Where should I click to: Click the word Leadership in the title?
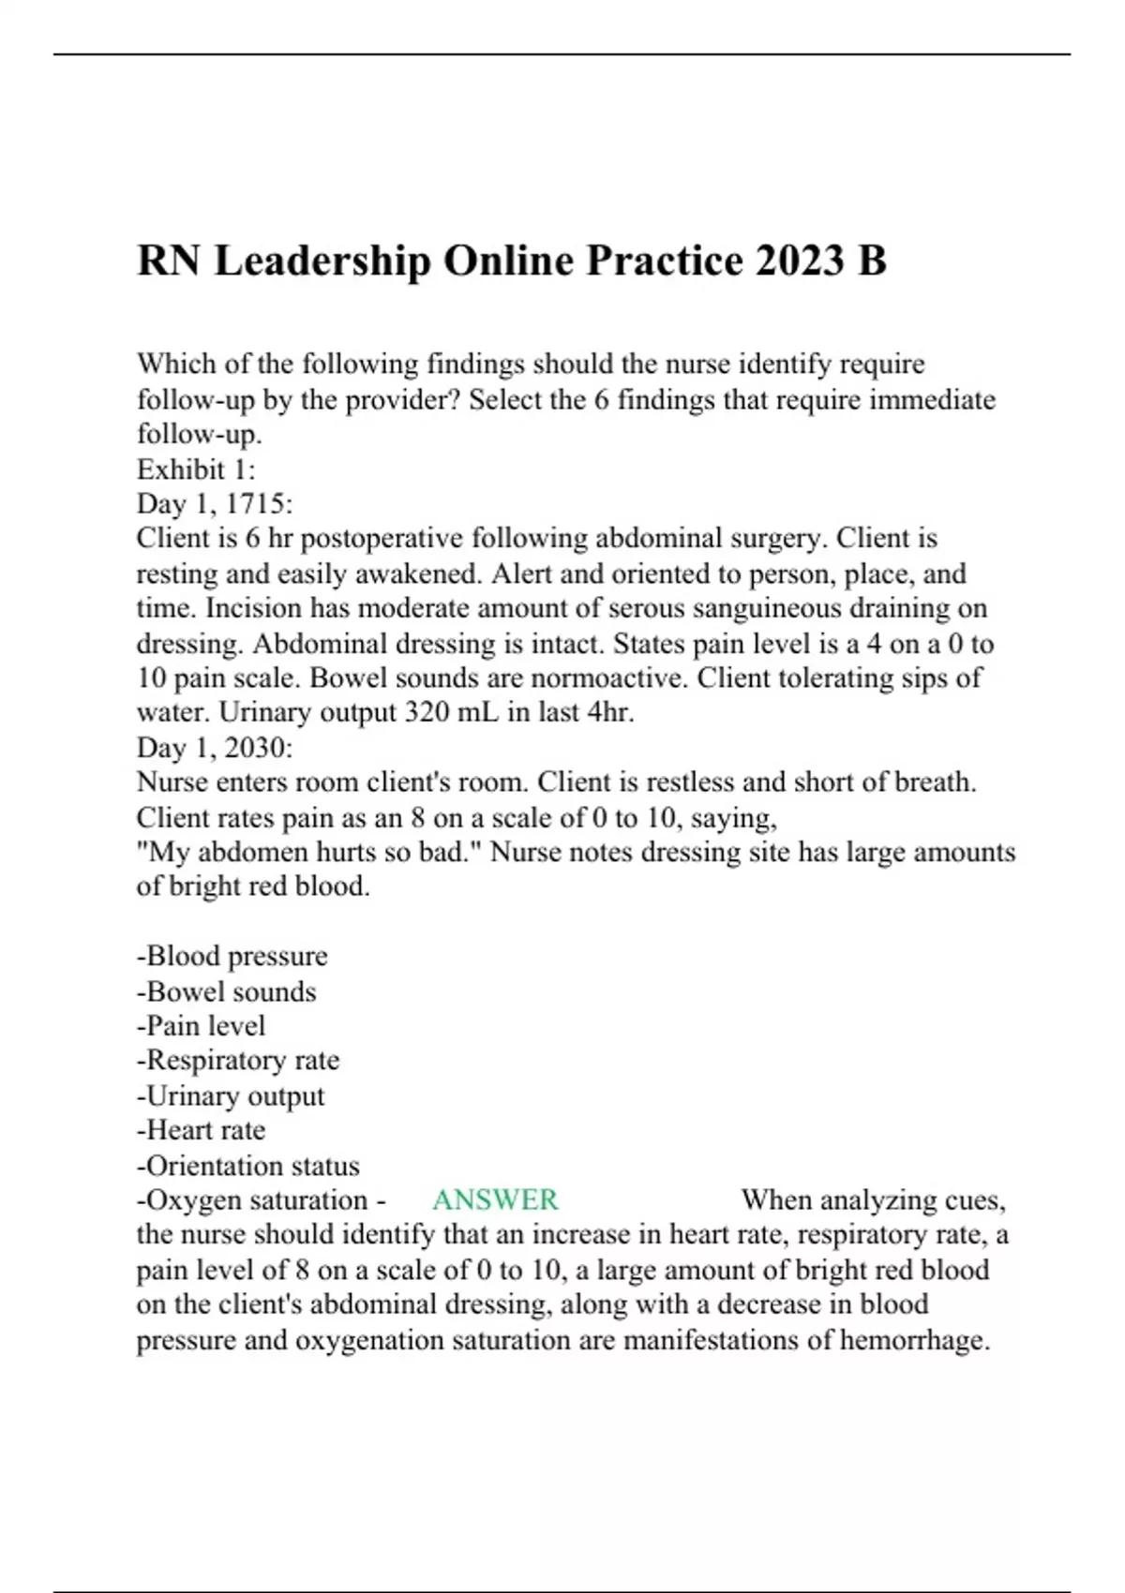[322, 261]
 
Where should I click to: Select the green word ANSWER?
[495, 1200]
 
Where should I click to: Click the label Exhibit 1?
[196, 469]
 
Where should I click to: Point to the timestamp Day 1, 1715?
[215, 504]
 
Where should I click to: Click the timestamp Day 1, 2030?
[215, 748]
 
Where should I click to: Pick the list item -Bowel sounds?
[226, 991]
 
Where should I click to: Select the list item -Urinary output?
[231, 1095]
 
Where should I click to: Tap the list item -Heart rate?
[201, 1130]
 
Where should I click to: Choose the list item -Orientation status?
[247, 1166]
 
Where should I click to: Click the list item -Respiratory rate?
[238, 1061]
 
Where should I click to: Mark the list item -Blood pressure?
[232, 956]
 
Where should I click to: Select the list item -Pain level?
[201, 1026]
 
